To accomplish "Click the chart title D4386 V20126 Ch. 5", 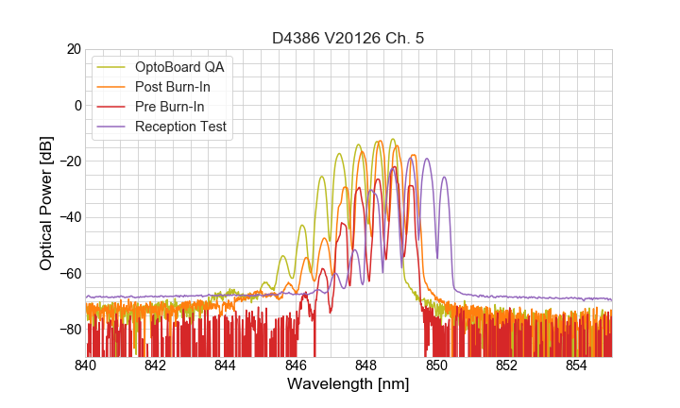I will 348,38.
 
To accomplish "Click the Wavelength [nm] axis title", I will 348,385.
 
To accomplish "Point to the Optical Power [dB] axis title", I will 46,203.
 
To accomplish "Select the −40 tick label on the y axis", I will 67,217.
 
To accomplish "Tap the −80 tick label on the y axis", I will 67,330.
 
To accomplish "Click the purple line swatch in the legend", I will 112,127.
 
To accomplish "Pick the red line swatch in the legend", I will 112,107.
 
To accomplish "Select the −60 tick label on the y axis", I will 67,274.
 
